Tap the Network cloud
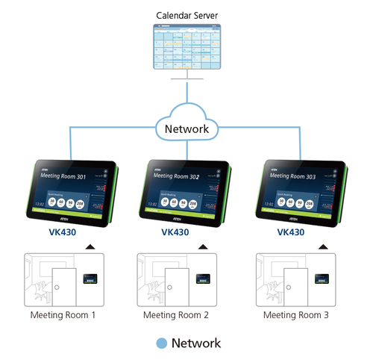pyautogui.click(x=186, y=128)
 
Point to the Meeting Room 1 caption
pyautogui.click(x=63, y=315)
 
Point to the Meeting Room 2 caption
pyautogui.click(x=178, y=315)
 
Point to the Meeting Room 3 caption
pyautogui.click(x=296, y=315)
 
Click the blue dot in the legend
pyautogui.click(x=160, y=344)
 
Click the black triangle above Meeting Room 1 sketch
pyautogui.click(x=90, y=246)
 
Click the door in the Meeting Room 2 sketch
pyautogui.click(x=175, y=288)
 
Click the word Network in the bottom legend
pyautogui.click(x=196, y=344)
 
